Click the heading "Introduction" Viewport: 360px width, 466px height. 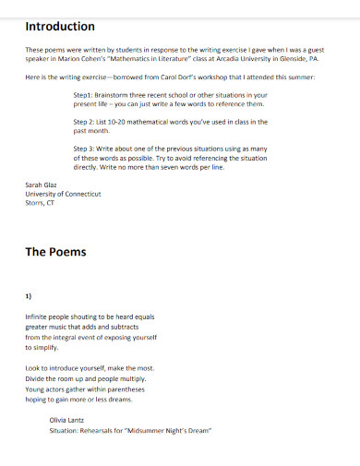[x=60, y=26]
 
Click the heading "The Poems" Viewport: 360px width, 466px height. [x=55, y=251]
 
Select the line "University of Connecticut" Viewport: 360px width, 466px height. [x=63, y=195]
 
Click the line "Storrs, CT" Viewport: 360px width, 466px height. [x=41, y=203]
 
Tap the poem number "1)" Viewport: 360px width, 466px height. [x=30, y=295]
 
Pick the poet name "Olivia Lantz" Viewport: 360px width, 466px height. [x=67, y=420]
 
